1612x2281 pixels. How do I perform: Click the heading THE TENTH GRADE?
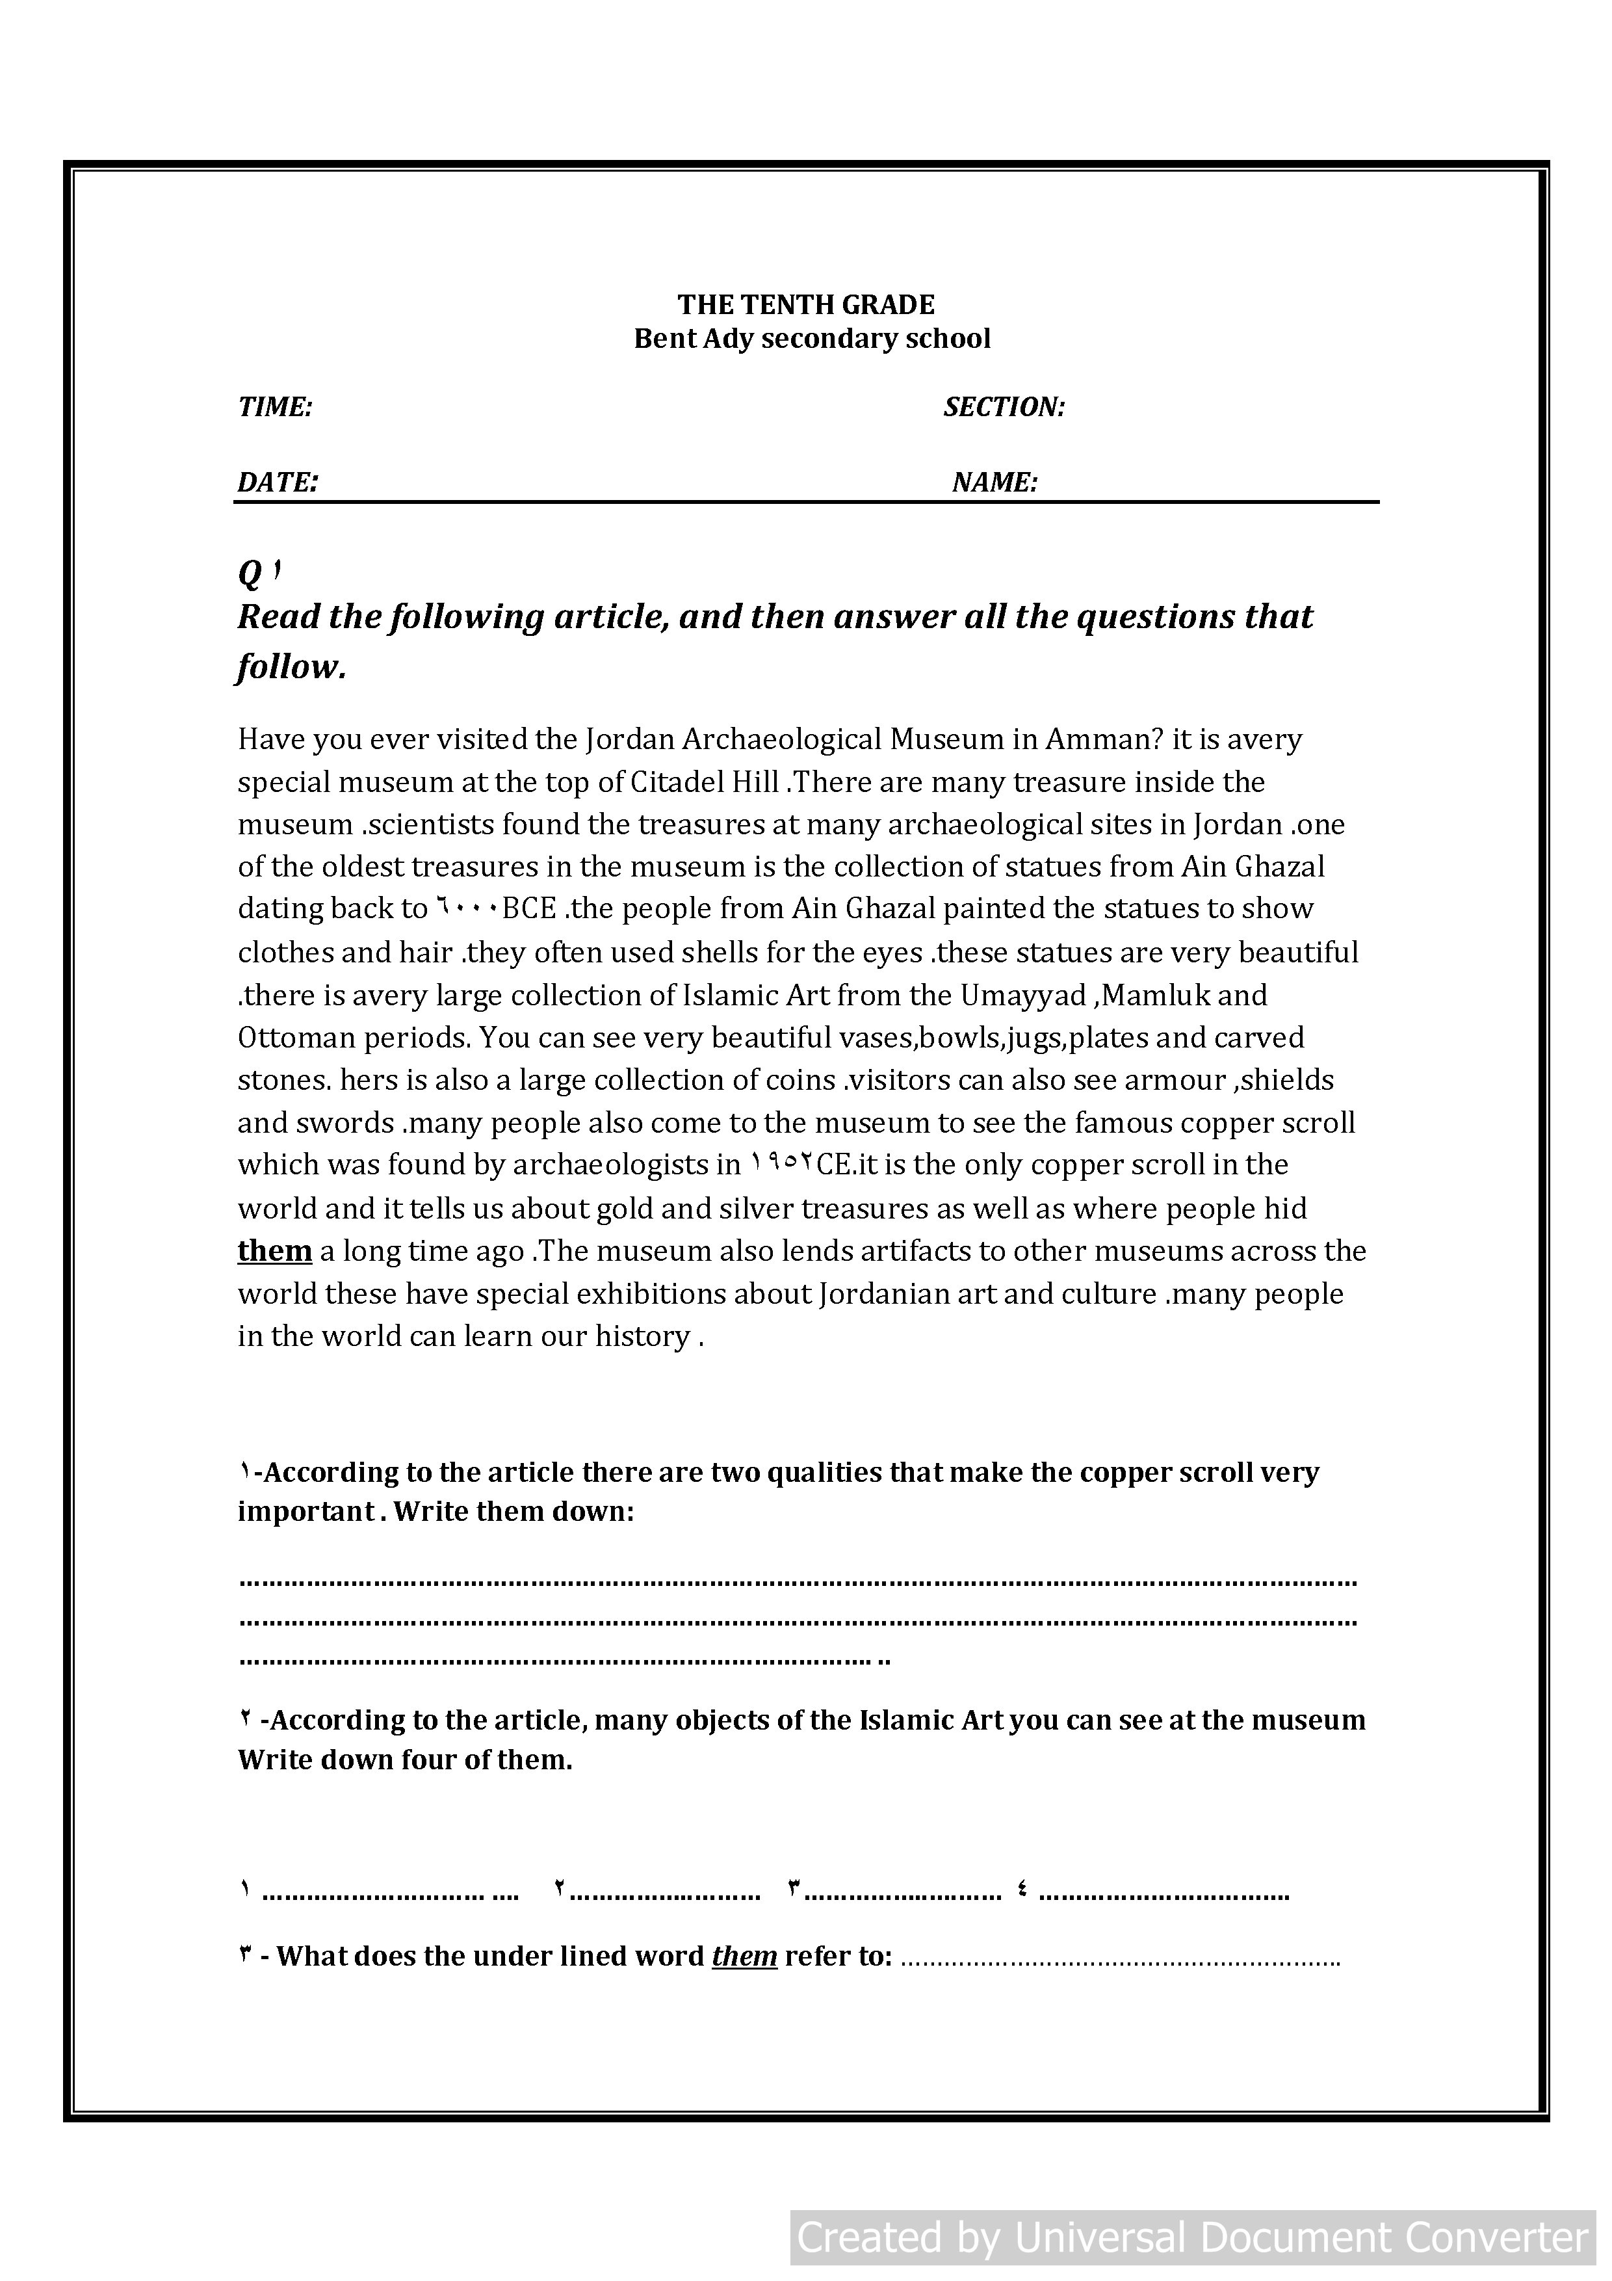[x=805, y=304]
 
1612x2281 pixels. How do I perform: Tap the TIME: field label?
[x=275, y=406]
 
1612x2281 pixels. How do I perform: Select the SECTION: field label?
[x=1003, y=406]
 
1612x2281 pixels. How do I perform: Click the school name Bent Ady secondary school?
[x=811, y=339]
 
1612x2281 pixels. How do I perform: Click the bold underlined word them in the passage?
[x=275, y=1250]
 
